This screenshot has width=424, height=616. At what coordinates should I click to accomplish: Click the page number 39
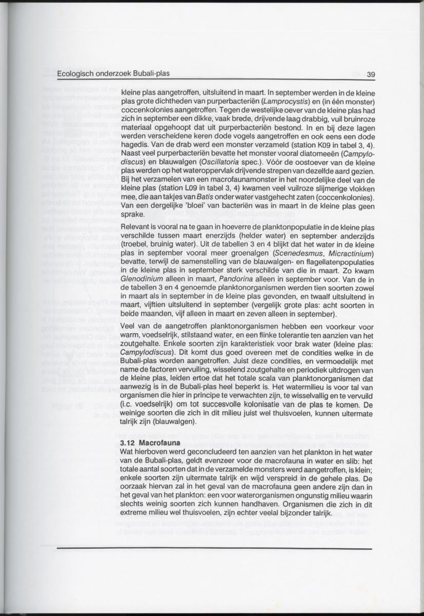coord(371,74)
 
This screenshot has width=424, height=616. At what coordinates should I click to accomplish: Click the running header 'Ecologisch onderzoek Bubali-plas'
coord(114,73)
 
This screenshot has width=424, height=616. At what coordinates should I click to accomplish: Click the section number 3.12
coord(127,442)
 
